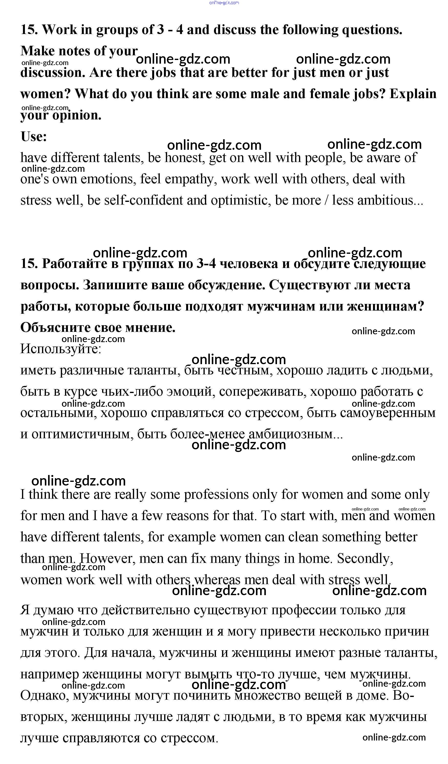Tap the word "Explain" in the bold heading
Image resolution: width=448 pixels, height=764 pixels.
click(x=413, y=94)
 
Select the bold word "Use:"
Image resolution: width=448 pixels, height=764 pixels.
click(x=34, y=137)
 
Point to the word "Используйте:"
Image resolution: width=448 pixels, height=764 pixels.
click(x=61, y=349)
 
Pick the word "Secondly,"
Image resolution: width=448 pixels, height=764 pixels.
click(x=365, y=559)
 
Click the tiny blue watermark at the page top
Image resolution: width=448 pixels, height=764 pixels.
click(x=224, y=3)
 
